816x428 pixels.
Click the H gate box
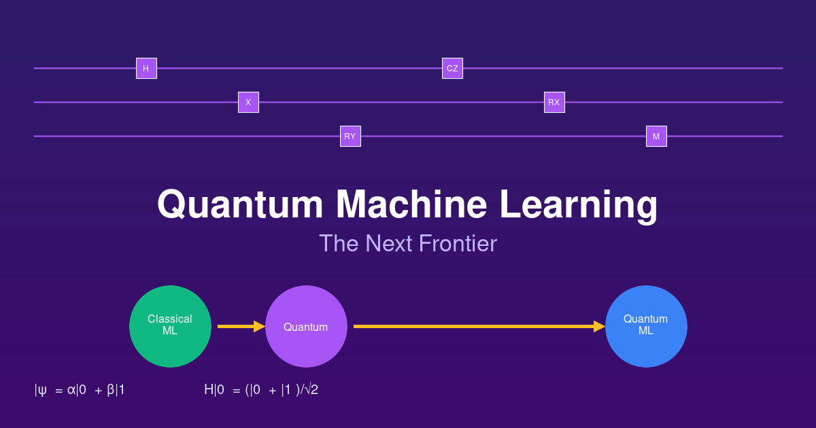pos(146,69)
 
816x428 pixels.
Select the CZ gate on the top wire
pos(452,69)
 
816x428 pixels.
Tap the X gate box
pos(248,103)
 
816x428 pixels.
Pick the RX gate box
pos(554,103)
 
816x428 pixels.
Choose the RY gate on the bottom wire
pos(350,137)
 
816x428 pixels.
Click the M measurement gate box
pos(656,137)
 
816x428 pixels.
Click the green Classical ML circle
pos(170,326)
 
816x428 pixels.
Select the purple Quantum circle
pos(306,326)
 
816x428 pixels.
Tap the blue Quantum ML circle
pos(646,326)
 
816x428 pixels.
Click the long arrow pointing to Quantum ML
pos(476,327)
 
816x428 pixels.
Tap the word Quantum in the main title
pos(241,204)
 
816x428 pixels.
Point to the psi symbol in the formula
pos(42,391)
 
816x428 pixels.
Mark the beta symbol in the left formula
pos(111,391)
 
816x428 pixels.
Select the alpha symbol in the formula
pos(71,391)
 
